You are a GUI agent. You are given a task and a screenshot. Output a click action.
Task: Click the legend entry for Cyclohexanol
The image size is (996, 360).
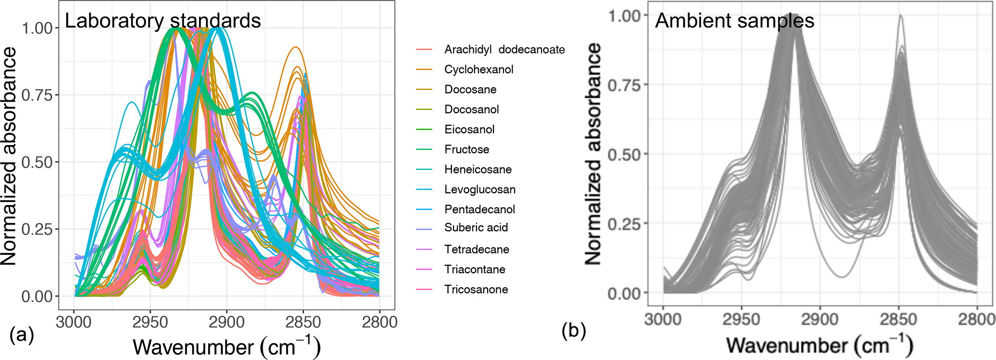click(x=478, y=69)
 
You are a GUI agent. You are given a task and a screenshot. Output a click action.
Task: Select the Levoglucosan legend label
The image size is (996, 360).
click(x=479, y=189)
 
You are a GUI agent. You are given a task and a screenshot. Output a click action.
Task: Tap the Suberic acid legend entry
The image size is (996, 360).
click(x=476, y=227)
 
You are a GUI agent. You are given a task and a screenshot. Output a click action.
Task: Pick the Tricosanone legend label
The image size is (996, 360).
click(x=476, y=289)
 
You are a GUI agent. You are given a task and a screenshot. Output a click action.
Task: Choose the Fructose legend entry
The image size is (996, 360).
click(x=466, y=149)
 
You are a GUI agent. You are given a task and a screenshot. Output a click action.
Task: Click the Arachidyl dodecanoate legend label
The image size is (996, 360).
click(x=504, y=49)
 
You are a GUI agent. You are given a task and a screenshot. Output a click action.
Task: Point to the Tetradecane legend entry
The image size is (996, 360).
click(x=476, y=249)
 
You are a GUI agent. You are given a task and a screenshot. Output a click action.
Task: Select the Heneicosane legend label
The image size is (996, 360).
click(x=478, y=169)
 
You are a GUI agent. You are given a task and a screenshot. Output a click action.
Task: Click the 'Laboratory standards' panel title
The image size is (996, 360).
click(x=163, y=21)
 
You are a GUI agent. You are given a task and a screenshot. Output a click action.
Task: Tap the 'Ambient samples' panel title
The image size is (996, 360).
click(x=734, y=21)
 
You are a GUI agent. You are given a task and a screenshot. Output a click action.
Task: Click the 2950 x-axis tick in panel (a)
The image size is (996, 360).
click(x=150, y=321)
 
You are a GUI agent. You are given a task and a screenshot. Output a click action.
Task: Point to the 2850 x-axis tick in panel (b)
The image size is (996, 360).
click(x=898, y=319)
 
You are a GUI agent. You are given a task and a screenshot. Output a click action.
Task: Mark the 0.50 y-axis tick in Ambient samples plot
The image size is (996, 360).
click(x=624, y=155)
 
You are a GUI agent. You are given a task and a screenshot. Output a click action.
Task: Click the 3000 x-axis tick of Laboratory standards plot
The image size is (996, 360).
click(x=74, y=321)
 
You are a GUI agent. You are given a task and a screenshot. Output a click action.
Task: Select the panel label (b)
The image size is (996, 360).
click(x=573, y=331)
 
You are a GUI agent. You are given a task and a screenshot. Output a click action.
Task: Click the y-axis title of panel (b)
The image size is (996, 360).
click(x=594, y=154)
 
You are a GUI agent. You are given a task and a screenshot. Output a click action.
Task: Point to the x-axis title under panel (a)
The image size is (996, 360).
click(x=226, y=347)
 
